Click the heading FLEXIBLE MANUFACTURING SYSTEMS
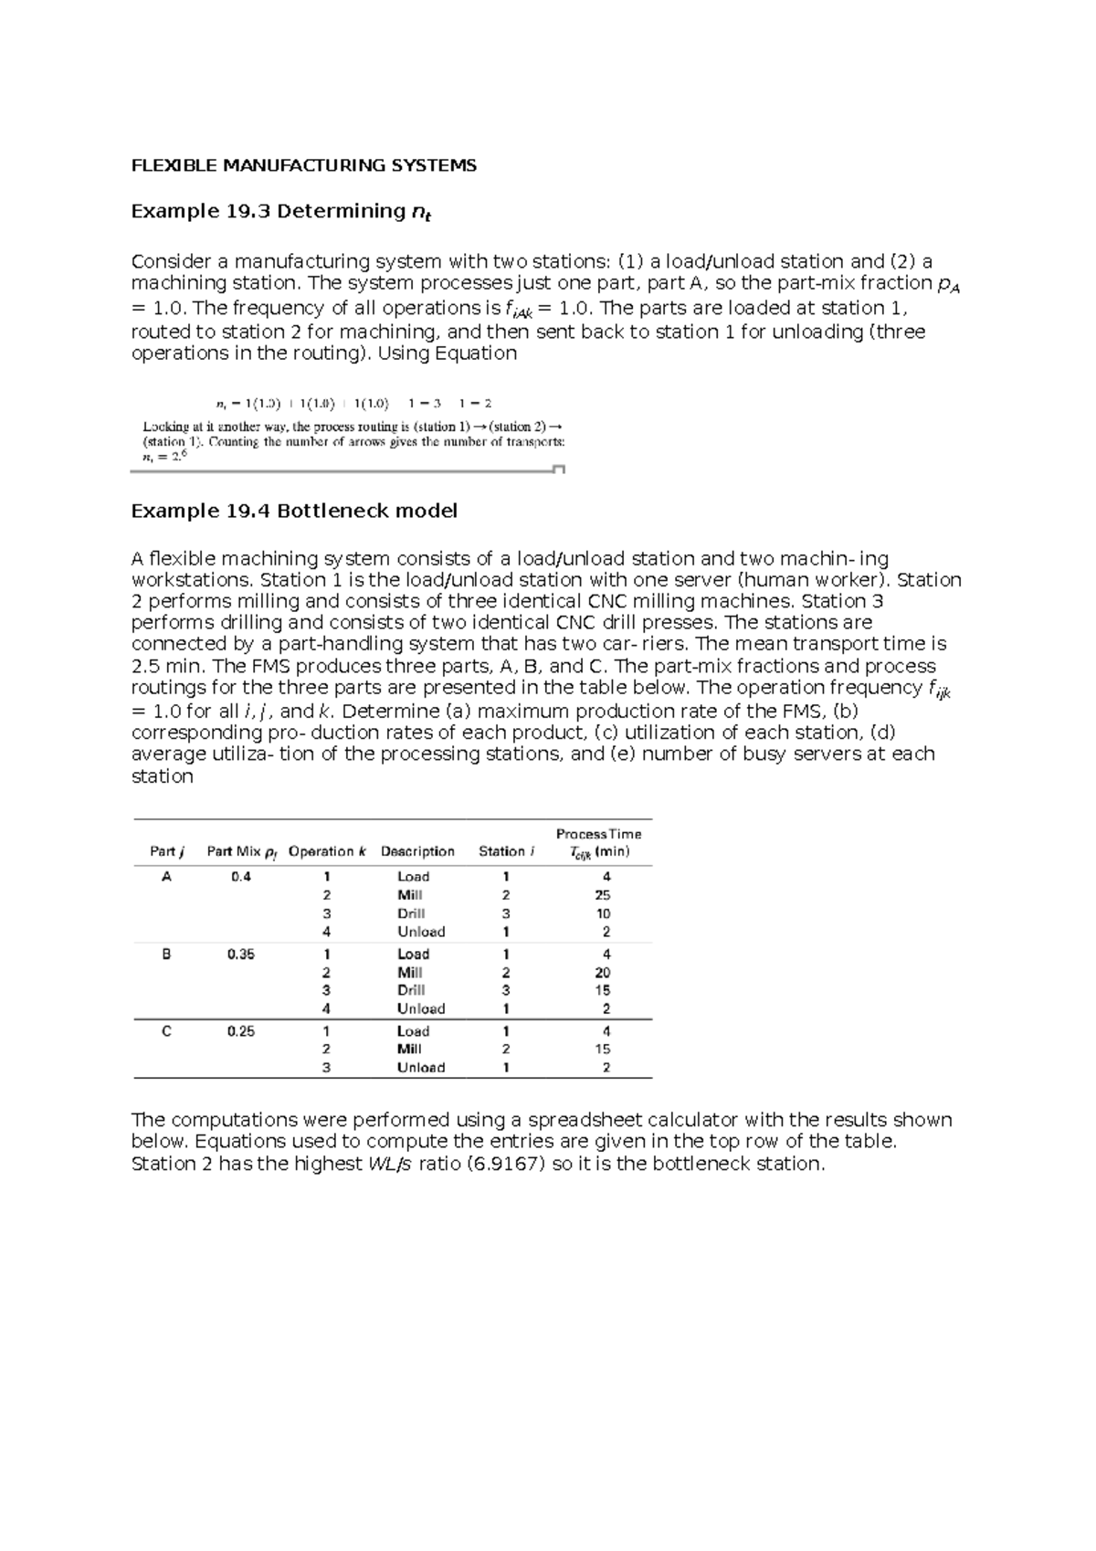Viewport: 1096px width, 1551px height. [x=303, y=165]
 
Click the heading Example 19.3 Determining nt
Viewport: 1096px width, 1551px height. [x=280, y=212]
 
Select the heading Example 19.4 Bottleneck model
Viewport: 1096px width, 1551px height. [x=294, y=511]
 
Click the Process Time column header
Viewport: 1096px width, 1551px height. [x=598, y=842]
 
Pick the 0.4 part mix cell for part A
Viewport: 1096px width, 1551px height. [x=241, y=876]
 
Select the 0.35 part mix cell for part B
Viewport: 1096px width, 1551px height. [x=241, y=954]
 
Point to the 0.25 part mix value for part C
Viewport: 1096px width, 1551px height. [x=241, y=1031]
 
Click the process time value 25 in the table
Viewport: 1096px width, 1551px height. [x=603, y=895]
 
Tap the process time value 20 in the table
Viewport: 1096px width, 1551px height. [x=603, y=973]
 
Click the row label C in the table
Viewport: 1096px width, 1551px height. [x=166, y=1031]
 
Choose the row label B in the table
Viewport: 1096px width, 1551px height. [x=166, y=954]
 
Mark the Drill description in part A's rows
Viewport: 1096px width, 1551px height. [x=411, y=913]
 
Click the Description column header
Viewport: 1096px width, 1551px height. [x=417, y=851]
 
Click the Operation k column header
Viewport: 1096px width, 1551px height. [x=327, y=851]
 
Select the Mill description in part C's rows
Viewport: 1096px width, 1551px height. [x=409, y=1050]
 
